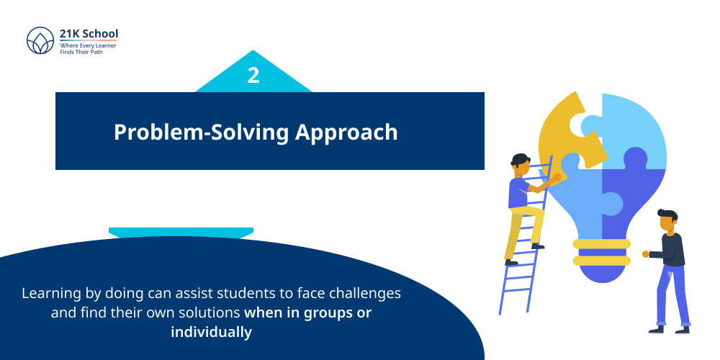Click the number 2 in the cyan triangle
pos(253,76)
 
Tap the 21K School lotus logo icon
pos(40,41)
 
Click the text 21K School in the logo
pos(89,34)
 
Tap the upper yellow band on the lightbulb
pos(601,243)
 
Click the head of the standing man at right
pos(667,221)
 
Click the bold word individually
pos(211,332)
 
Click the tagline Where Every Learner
pos(88,45)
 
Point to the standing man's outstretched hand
pos(646,253)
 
